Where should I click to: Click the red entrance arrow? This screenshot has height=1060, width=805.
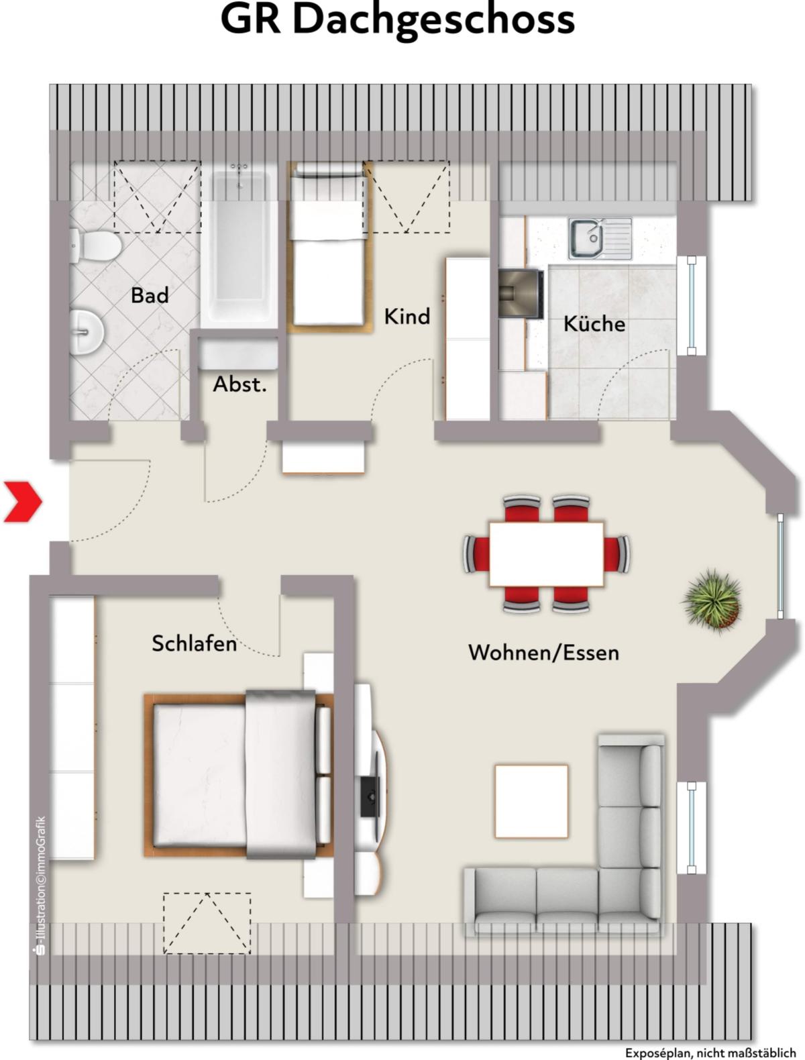click(23, 501)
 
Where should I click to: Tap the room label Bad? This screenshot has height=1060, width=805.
click(150, 295)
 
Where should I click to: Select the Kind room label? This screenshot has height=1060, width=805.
click(407, 316)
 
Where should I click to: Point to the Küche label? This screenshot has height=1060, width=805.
click(594, 323)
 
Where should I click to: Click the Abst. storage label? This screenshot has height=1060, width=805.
click(240, 384)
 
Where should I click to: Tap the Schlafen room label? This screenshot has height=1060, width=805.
click(194, 643)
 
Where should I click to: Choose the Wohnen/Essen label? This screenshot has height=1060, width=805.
click(544, 652)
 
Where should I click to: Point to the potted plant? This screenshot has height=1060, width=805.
click(712, 600)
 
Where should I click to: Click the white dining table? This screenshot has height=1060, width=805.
click(546, 554)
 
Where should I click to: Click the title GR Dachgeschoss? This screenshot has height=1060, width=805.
click(397, 20)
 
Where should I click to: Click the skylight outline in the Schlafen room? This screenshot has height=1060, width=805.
click(207, 924)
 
